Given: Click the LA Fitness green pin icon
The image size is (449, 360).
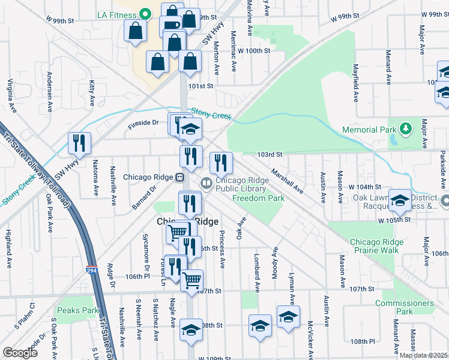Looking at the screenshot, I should pyautogui.click(x=145, y=13).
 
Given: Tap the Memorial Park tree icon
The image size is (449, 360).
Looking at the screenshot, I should pyautogui.click(x=406, y=129).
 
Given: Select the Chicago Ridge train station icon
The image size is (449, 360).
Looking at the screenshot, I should pyautogui.click(x=179, y=178).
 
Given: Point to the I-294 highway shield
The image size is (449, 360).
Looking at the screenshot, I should pyautogui.click(x=91, y=272).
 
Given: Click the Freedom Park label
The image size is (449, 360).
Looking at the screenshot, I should pyautogui.click(x=258, y=198).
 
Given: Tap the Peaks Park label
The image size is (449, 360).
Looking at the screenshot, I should pyautogui.click(x=77, y=311).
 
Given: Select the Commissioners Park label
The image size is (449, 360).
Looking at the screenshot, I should pyautogui.click(x=405, y=307).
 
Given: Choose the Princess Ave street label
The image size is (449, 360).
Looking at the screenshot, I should pyautogui.click(x=221, y=249).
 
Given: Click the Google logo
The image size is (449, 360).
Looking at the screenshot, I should pyautogui.click(x=20, y=353).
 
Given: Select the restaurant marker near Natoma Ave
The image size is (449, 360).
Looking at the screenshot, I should pyautogui.click(x=79, y=143).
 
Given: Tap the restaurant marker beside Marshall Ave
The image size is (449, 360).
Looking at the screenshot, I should pyautogui.click(x=221, y=162).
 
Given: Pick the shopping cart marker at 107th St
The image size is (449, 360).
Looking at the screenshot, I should pyautogui.click(x=191, y=280).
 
